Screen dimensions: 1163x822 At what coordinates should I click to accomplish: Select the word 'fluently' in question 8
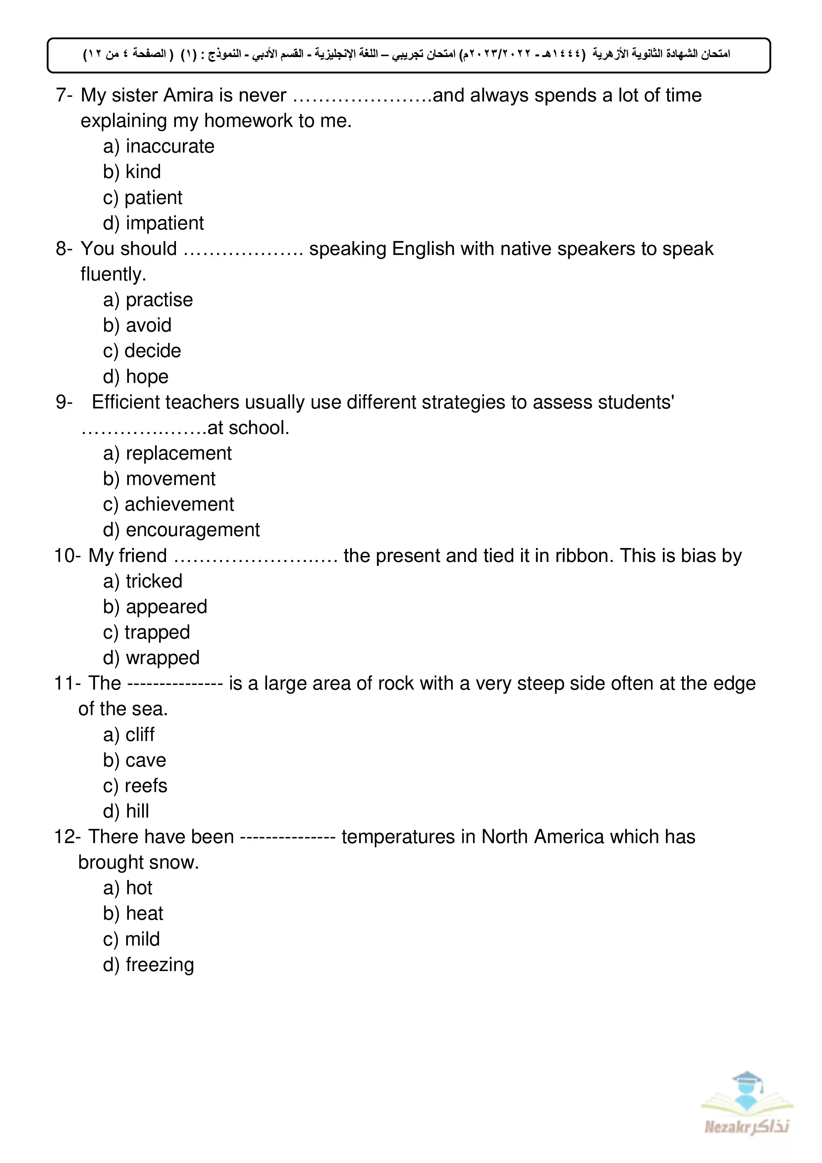point(113,275)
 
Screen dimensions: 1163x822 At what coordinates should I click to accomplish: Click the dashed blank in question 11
point(175,684)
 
